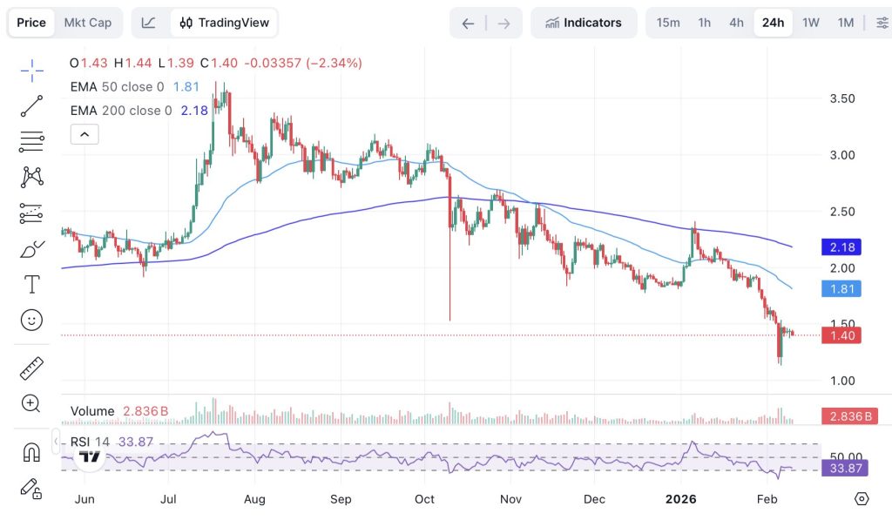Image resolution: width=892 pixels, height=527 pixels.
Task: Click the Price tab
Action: (x=31, y=23)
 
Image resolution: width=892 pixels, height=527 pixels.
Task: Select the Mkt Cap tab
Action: (x=88, y=23)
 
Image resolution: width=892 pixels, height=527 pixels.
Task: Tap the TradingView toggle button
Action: (x=225, y=23)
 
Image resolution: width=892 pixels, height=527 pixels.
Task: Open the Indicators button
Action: (x=584, y=23)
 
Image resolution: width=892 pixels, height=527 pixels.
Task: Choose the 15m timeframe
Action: (x=668, y=23)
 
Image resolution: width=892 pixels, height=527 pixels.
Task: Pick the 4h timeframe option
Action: (x=736, y=23)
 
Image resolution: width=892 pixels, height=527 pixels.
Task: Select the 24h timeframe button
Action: (x=773, y=23)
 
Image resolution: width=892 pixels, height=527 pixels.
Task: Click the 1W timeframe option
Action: (x=811, y=23)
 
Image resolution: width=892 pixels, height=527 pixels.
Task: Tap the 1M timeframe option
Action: (x=845, y=23)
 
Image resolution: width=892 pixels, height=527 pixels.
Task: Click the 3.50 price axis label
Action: (x=841, y=98)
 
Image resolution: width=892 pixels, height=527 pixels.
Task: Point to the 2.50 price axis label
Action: (x=841, y=212)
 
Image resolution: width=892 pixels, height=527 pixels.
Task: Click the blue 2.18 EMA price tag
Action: (x=841, y=247)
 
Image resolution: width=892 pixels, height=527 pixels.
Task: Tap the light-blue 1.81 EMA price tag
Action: (x=841, y=288)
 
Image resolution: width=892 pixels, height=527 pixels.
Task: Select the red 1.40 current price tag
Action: (x=841, y=335)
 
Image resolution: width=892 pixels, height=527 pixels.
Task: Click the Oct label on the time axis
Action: (x=424, y=499)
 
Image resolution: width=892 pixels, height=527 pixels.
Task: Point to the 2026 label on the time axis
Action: (x=679, y=499)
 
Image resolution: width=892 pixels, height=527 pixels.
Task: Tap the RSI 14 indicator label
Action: (x=90, y=442)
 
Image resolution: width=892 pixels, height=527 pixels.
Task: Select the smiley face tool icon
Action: (x=32, y=321)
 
